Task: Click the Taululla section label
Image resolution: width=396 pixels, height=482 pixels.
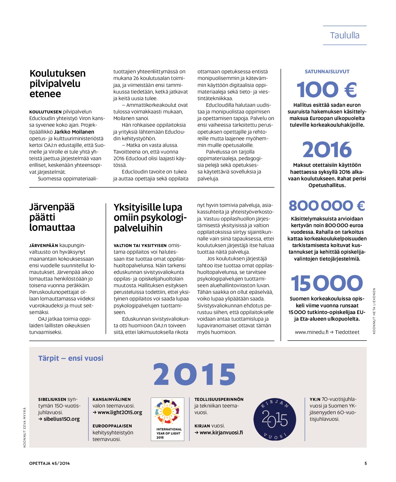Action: click(x=344, y=35)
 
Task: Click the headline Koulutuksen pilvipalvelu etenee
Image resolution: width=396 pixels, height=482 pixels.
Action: click(x=57, y=84)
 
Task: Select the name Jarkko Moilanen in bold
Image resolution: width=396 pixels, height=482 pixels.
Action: click(x=74, y=132)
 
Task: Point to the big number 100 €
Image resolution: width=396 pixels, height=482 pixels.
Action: click(x=327, y=90)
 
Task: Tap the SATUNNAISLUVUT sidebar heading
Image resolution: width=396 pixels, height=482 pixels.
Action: click(x=327, y=71)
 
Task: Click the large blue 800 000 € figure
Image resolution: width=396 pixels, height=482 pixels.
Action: click(x=327, y=206)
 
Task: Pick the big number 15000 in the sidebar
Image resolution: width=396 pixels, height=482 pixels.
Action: click(x=327, y=283)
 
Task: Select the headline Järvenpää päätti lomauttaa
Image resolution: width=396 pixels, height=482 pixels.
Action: click(x=52, y=217)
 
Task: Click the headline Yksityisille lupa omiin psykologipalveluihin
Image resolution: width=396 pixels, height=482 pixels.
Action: click(x=150, y=217)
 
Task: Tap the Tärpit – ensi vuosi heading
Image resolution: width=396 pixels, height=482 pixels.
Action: click(x=71, y=358)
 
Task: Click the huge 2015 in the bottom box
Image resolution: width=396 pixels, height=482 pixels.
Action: click(x=195, y=374)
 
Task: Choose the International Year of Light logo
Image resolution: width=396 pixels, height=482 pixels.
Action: click(x=167, y=419)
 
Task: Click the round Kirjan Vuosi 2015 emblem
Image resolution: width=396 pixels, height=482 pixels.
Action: click(x=274, y=419)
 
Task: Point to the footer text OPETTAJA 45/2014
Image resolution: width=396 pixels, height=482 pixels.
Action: click(x=49, y=463)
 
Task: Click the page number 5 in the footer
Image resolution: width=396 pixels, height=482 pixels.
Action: click(x=366, y=463)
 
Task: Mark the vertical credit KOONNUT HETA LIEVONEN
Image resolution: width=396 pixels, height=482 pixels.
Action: click(x=374, y=311)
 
